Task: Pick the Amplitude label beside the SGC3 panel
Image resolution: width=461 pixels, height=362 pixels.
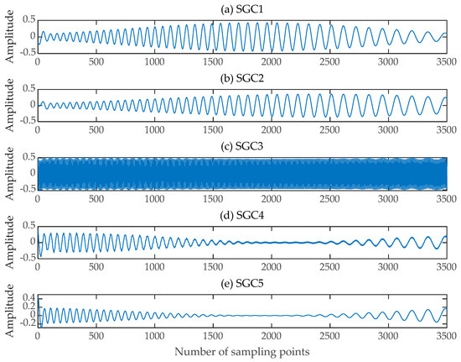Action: (8, 173)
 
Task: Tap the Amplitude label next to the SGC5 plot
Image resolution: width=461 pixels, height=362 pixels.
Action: (8, 311)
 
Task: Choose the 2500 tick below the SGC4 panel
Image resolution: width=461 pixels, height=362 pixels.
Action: (331, 270)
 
